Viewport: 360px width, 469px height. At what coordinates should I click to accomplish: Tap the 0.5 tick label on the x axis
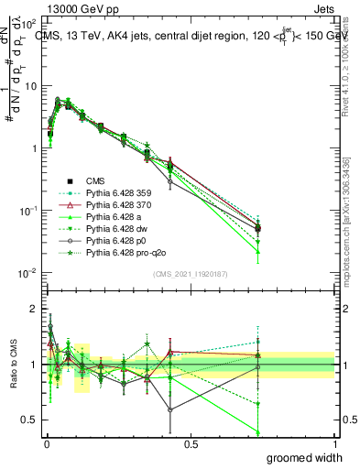coord(191,443)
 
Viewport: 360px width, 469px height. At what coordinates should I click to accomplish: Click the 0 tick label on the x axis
coord(47,443)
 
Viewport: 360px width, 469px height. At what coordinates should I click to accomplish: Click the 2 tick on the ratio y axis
coord(33,309)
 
